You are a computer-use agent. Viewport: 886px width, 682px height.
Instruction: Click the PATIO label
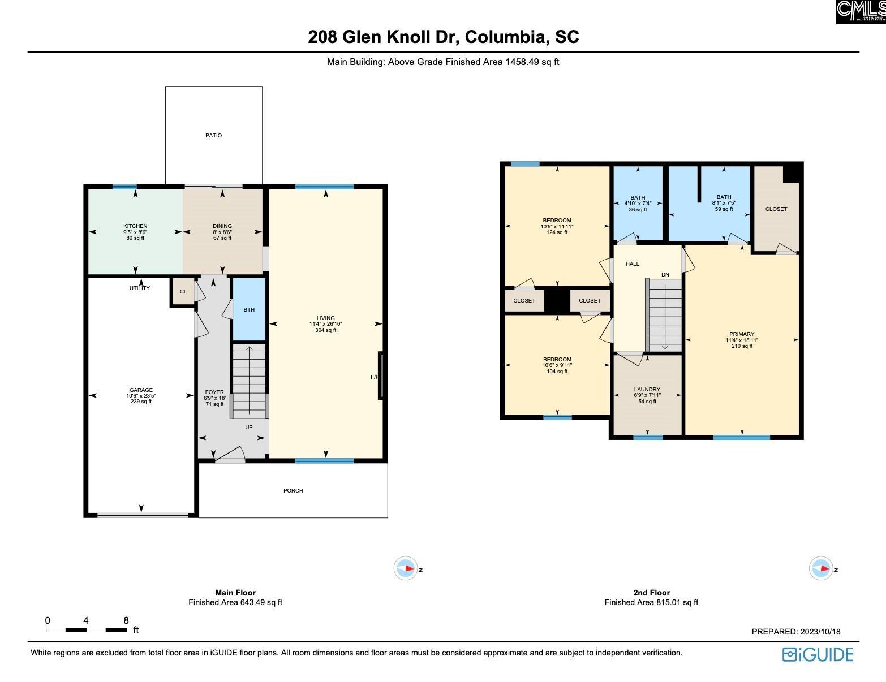point(213,136)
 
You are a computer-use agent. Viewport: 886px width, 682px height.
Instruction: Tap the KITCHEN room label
point(135,226)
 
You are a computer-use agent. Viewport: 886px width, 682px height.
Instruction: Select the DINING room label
point(222,226)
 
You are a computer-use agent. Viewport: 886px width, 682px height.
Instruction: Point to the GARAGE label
point(141,390)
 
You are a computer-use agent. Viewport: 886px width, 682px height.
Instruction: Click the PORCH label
point(293,491)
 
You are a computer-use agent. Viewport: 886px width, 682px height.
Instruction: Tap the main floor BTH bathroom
point(249,310)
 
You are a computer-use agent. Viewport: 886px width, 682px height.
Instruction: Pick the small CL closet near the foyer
point(183,292)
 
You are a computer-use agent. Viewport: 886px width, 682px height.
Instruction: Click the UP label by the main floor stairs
point(249,428)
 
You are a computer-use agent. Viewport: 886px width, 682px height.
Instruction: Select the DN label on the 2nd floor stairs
point(665,275)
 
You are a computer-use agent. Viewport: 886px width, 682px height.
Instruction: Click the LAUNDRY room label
point(647,390)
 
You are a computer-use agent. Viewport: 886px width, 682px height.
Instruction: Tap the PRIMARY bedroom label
point(742,334)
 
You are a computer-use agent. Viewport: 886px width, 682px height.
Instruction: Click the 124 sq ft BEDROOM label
point(557,221)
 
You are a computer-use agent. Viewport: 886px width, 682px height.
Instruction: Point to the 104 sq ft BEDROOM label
point(557,360)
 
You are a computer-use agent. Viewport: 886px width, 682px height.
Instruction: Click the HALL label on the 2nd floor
point(633,264)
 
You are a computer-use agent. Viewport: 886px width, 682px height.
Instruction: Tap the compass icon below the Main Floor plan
point(406,568)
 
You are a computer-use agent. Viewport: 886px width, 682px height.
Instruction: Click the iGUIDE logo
point(818,655)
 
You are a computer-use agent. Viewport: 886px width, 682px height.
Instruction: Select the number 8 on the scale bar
point(126,620)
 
